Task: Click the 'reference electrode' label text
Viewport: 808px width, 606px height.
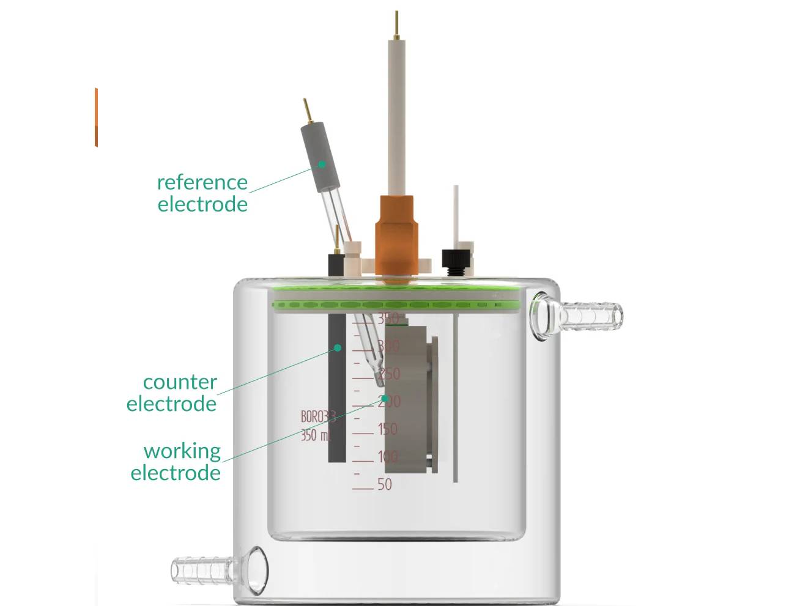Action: pos(202,193)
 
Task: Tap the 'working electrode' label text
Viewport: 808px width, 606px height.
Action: pos(176,462)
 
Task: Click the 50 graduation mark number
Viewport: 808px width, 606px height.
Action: pos(384,484)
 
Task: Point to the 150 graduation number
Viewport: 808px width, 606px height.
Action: pos(387,429)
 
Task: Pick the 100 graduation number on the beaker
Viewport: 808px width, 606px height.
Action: pos(387,457)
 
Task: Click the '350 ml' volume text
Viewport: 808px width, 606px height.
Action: pos(315,436)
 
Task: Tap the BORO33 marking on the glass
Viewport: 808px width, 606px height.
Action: pos(317,417)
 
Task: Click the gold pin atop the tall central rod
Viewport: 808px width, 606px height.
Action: pos(396,24)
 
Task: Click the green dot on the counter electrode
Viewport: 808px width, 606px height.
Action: pos(337,348)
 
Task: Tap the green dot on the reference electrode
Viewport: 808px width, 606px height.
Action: pos(321,164)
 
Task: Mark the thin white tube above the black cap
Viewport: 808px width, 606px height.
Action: pos(456,214)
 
